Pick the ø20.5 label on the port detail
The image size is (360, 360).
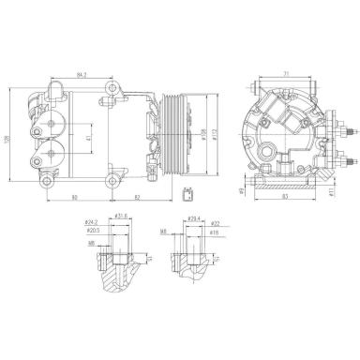click(x=93, y=231)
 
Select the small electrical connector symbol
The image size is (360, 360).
click(x=189, y=195)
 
